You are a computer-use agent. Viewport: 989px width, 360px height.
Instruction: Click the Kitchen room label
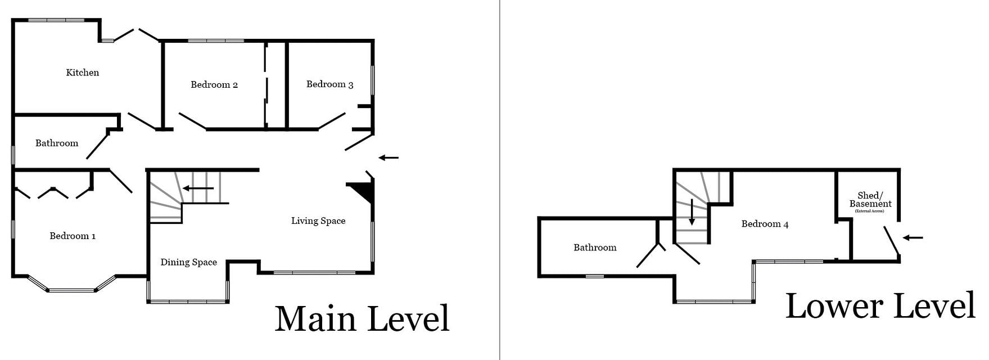(83, 73)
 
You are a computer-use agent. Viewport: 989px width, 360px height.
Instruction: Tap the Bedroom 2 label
(214, 85)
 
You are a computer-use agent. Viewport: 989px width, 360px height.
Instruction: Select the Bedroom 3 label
(329, 84)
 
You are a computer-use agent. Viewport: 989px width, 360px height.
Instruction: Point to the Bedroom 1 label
(73, 236)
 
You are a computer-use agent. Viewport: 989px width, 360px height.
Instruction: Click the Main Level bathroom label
(57, 143)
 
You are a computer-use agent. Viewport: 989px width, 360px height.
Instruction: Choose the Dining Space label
(188, 262)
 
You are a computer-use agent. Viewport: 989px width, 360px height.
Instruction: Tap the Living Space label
(318, 221)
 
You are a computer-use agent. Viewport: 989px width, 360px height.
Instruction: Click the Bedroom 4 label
(765, 224)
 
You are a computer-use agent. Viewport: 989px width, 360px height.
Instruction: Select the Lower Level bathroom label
(595, 247)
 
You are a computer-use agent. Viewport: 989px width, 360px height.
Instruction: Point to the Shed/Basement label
(870, 200)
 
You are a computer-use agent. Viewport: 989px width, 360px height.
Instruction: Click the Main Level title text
(363, 318)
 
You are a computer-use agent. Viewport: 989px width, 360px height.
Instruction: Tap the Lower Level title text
(880, 307)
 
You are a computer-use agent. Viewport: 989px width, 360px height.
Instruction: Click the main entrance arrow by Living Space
(389, 157)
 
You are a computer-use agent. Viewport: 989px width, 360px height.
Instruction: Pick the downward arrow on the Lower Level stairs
(692, 213)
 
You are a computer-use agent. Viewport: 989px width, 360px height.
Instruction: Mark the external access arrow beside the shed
(913, 237)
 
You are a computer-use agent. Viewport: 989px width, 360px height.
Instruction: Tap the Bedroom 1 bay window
(71, 289)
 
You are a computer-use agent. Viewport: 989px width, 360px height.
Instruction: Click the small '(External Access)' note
(870, 211)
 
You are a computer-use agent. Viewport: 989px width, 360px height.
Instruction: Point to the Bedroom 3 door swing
(332, 121)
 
